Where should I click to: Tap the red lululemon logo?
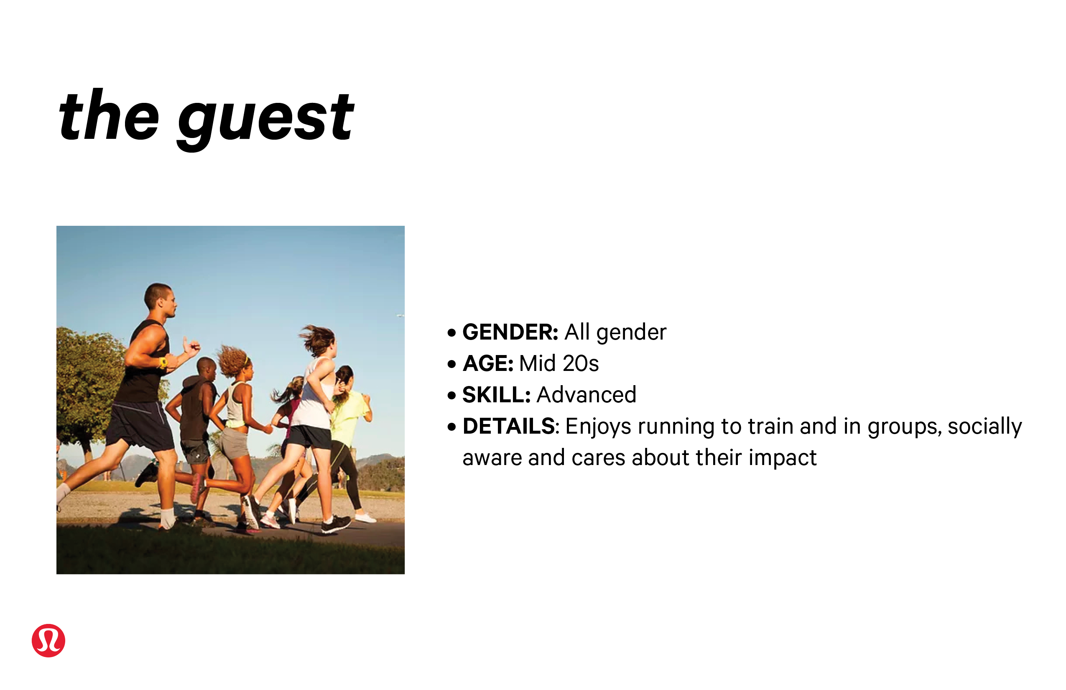tap(48, 640)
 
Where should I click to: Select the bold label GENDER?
tap(510, 332)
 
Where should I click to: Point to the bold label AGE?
tap(488, 363)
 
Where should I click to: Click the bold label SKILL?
tap(496, 395)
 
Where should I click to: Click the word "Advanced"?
tap(586, 395)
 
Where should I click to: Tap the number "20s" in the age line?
tap(581, 363)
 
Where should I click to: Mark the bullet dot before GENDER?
tap(451, 333)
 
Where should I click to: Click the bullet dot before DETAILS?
tap(451, 427)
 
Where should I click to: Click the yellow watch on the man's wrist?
tap(163, 362)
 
